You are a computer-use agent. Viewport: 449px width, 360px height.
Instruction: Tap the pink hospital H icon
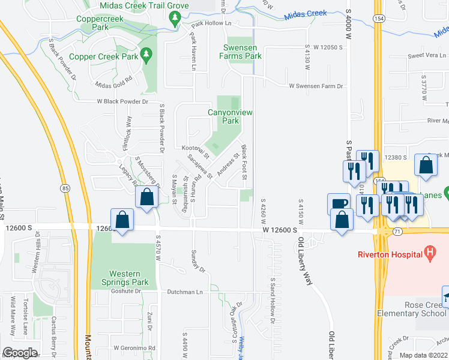(x=430, y=253)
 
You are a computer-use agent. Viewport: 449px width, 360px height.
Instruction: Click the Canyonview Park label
(x=223, y=116)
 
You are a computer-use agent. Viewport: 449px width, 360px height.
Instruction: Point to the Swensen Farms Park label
(x=243, y=52)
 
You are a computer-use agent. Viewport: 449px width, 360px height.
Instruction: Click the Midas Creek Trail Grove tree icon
(x=175, y=19)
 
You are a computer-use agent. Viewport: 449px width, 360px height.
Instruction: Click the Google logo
(x=20, y=353)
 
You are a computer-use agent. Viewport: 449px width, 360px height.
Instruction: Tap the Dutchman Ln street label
(x=187, y=292)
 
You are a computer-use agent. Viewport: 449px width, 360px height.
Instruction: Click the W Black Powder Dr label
(x=122, y=101)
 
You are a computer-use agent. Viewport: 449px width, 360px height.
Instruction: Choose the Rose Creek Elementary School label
(x=412, y=308)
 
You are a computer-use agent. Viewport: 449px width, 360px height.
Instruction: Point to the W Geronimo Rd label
(x=134, y=347)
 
